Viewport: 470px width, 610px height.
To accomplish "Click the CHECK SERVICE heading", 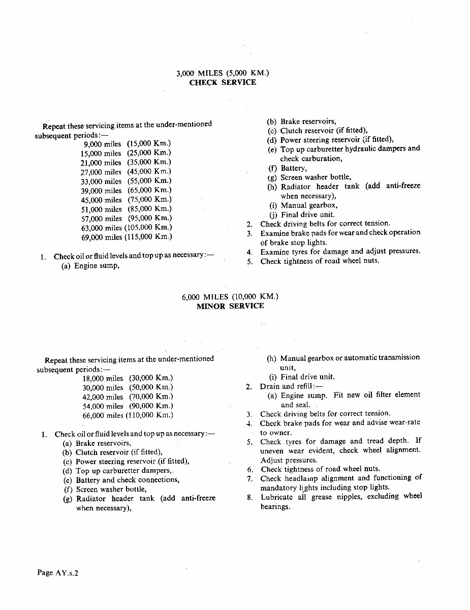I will point(223,82).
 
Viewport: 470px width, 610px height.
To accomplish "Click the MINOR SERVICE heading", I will point(230,306).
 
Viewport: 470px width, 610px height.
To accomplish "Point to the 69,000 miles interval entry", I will point(102,237).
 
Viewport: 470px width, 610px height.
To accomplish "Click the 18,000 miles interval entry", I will point(103,378).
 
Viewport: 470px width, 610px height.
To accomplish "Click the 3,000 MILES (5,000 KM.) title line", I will point(223,73).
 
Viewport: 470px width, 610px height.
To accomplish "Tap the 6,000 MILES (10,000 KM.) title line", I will point(230,297).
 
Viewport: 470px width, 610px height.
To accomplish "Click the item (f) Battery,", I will point(287,168).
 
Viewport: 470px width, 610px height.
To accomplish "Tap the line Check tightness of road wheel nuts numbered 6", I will point(320,469).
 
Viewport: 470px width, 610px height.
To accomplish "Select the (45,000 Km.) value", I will point(149,172).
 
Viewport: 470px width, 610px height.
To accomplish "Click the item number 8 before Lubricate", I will point(250,497).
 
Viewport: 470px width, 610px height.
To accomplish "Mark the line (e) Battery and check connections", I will point(121,480).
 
